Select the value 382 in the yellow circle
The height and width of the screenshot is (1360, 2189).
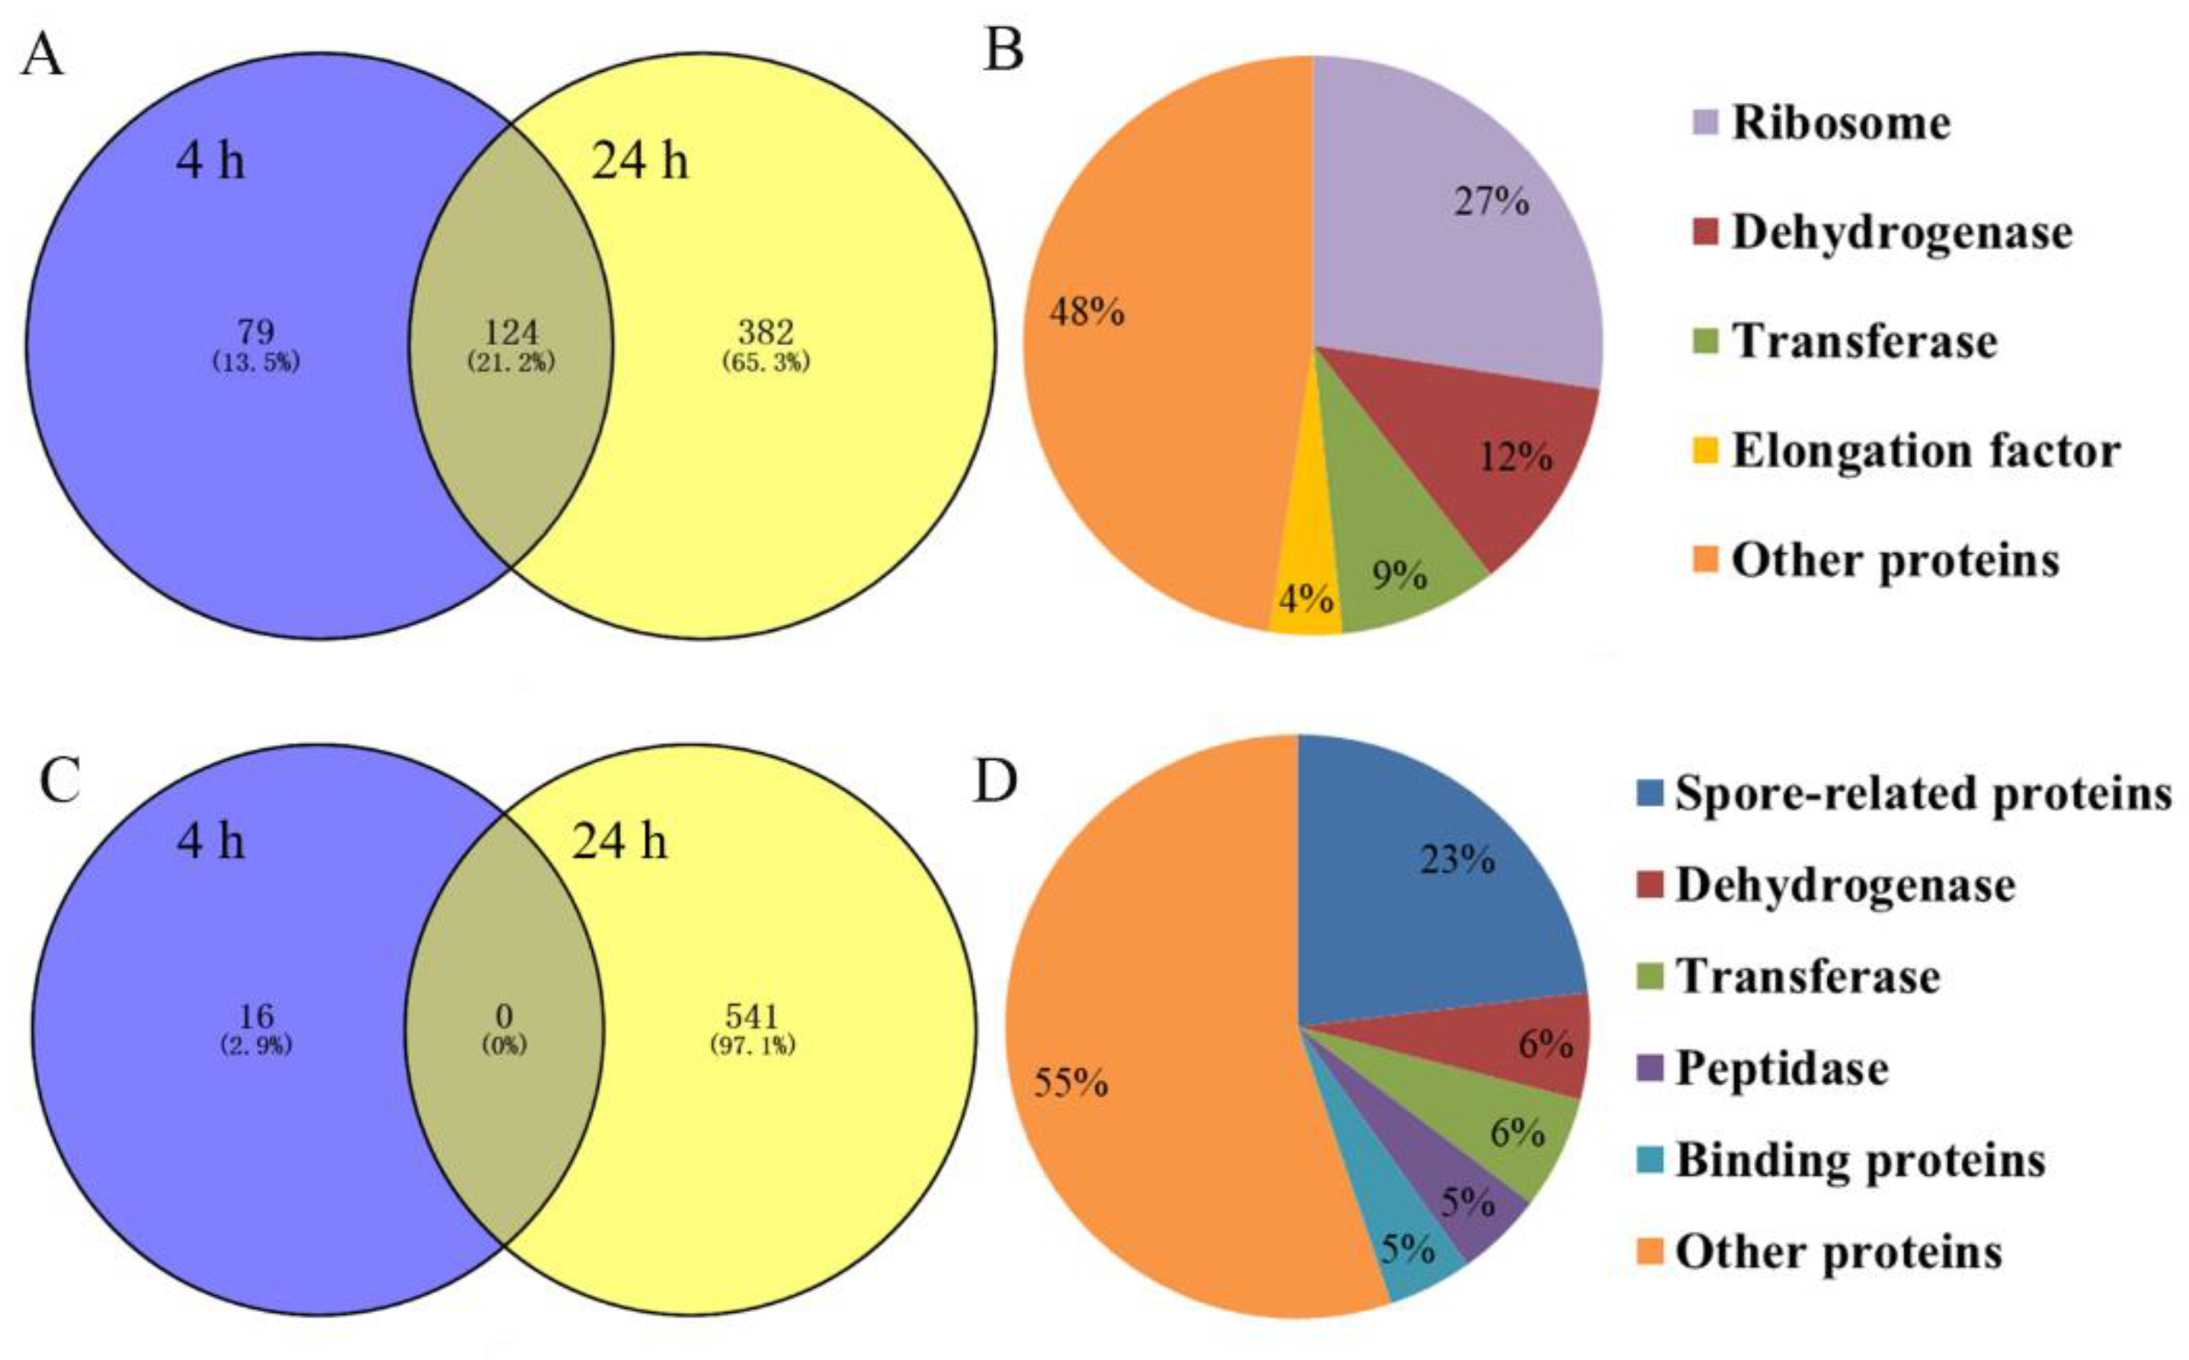click(x=765, y=333)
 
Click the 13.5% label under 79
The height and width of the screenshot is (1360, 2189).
click(x=256, y=363)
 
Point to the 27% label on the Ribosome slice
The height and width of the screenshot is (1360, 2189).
click(x=1492, y=201)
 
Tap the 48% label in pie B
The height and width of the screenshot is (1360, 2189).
click(x=1087, y=312)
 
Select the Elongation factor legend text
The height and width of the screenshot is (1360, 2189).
click(x=1925, y=450)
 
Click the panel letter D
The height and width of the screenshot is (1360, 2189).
click(x=996, y=782)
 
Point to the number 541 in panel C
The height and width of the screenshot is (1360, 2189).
click(x=752, y=1016)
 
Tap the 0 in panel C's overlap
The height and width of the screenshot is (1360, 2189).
click(x=504, y=1016)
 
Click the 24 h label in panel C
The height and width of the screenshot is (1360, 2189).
click(x=620, y=842)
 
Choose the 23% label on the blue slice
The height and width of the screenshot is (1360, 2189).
click(x=1457, y=861)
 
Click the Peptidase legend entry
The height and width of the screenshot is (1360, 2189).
click(x=1781, y=1068)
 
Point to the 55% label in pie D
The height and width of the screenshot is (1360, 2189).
click(x=1070, y=1083)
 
